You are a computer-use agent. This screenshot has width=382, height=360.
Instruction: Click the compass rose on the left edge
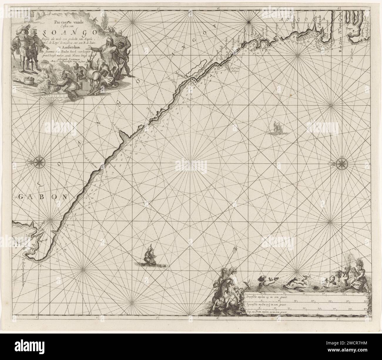[39, 162]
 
